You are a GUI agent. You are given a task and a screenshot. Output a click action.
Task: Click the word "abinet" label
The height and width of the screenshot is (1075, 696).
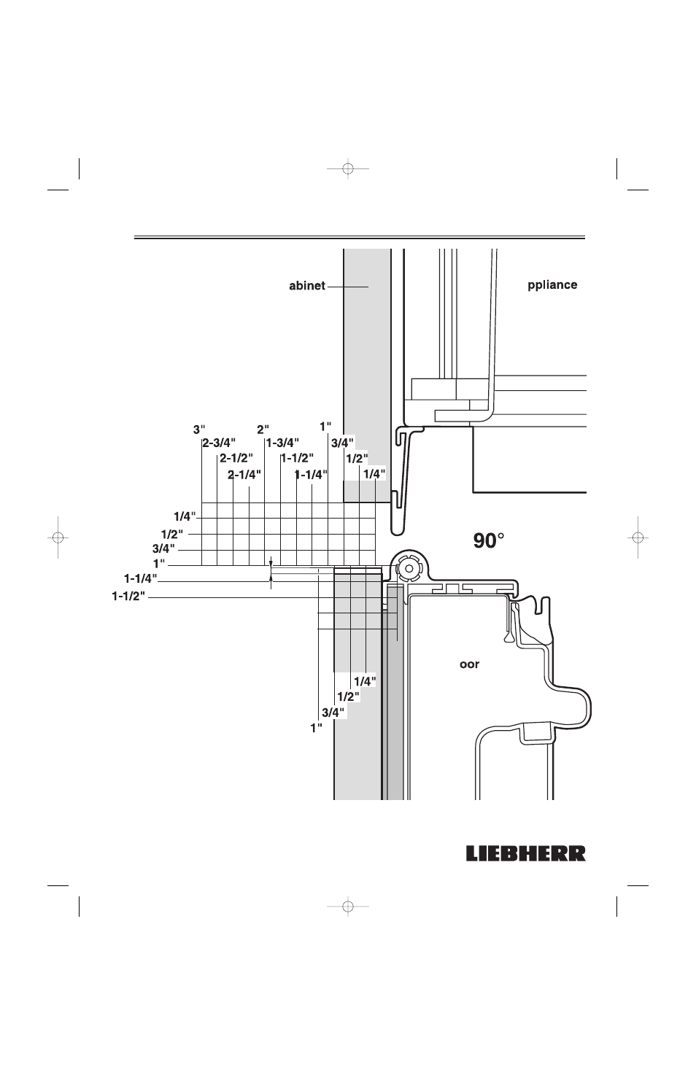(307, 286)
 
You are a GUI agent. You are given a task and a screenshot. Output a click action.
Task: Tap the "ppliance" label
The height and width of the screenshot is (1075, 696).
(552, 285)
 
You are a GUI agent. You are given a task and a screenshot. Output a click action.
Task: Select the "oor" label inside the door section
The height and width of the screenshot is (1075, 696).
(469, 664)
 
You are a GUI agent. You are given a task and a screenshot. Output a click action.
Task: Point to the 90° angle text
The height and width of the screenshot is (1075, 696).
(489, 541)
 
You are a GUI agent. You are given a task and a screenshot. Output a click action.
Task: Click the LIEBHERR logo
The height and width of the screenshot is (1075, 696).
(526, 854)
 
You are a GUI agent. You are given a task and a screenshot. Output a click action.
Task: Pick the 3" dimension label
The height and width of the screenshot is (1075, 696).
(199, 430)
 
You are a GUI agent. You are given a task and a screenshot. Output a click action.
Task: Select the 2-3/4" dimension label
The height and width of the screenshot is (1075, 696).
(219, 443)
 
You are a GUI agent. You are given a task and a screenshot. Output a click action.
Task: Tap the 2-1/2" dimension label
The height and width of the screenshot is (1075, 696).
(236, 458)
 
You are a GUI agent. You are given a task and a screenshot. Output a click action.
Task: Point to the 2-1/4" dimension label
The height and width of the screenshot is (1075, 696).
(244, 475)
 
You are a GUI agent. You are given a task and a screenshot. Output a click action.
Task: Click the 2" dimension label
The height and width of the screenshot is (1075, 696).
(263, 430)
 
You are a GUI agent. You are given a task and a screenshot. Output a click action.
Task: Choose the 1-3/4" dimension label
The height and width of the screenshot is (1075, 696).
(283, 443)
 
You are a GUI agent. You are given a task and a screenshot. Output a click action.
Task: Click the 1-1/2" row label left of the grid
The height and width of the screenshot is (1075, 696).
(128, 596)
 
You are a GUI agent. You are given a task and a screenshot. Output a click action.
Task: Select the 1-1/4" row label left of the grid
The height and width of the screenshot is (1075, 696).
(141, 578)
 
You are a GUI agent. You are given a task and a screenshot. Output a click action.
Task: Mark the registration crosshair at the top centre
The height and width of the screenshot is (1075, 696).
(348, 169)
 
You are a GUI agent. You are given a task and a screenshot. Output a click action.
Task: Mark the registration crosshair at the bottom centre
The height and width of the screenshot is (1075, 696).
(348, 907)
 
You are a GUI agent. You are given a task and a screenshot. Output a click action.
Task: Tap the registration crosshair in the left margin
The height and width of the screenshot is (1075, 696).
(58, 537)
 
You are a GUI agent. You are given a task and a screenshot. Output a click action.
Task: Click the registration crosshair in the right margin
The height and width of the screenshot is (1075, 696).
(638, 537)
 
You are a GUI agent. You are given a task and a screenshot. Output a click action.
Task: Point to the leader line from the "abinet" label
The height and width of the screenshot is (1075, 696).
(348, 287)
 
